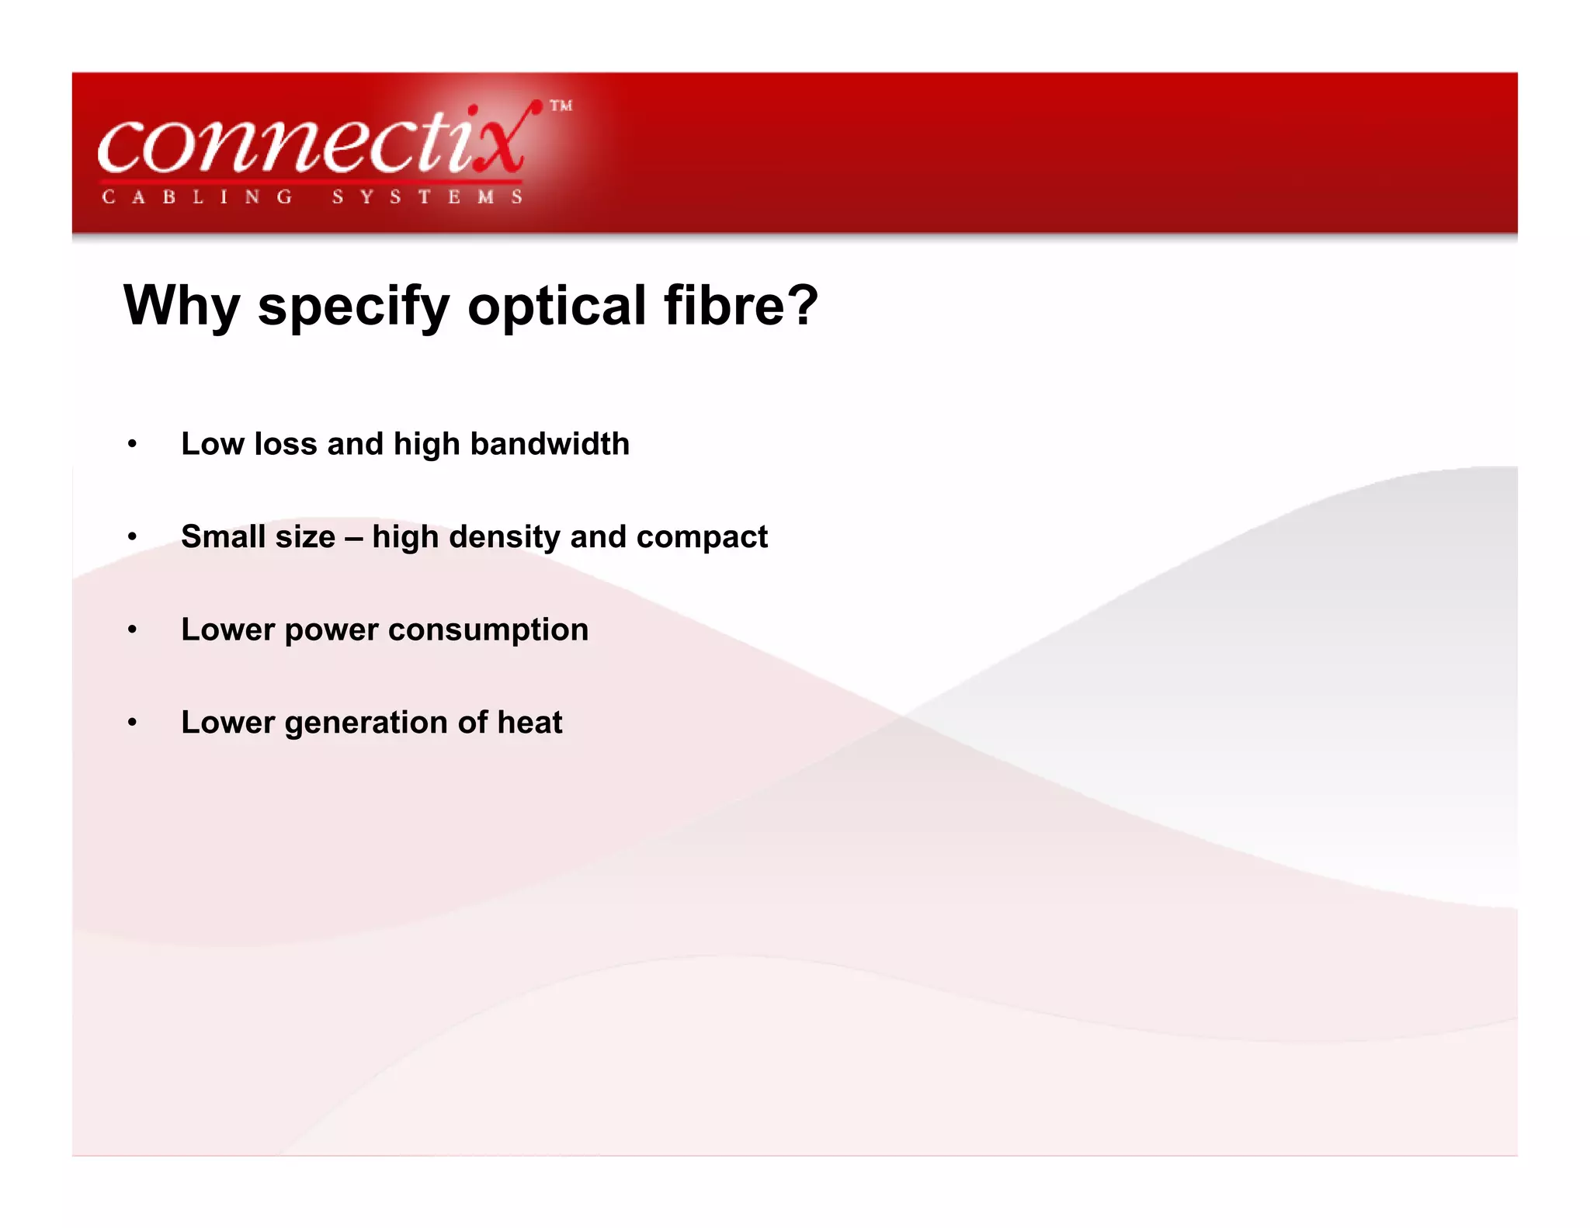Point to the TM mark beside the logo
pyautogui.click(x=561, y=106)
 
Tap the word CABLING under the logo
pyautogui.click(x=197, y=197)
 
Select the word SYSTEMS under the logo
pyautogui.click(x=427, y=197)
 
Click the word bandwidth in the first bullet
pyautogui.click(x=550, y=444)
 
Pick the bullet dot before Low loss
pyautogui.click(x=133, y=444)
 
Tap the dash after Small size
pyautogui.click(x=353, y=538)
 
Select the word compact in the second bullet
pyautogui.click(x=702, y=538)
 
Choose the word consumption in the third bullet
pyautogui.click(x=488, y=630)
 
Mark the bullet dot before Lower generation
pyautogui.click(x=133, y=723)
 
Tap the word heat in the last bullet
pyautogui.click(x=529, y=723)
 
